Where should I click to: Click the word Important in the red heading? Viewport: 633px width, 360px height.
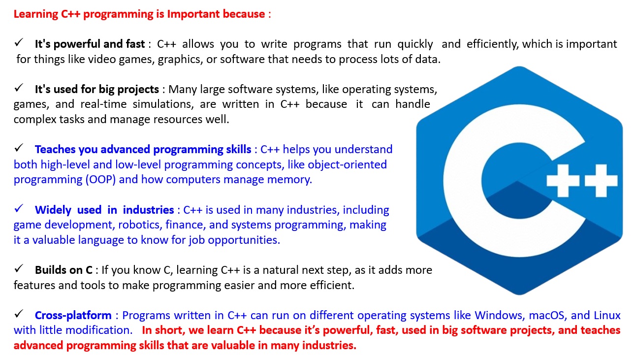click(x=193, y=14)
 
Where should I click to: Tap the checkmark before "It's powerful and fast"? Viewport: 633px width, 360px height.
click(x=19, y=43)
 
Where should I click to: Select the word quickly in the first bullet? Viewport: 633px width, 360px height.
click(x=415, y=44)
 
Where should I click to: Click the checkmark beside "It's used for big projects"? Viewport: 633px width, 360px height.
click(x=19, y=88)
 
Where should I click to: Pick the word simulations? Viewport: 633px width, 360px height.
click(x=163, y=104)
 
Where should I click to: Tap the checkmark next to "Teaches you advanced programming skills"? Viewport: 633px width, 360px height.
click(x=19, y=148)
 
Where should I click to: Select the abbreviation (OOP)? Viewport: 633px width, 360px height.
click(x=100, y=180)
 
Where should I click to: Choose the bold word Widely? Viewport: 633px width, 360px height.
click(x=53, y=210)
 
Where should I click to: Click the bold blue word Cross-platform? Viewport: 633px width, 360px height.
click(x=73, y=316)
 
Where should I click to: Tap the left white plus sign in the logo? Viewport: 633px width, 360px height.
click(x=563, y=180)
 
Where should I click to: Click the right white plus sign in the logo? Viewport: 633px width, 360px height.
click(x=601, y=180)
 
